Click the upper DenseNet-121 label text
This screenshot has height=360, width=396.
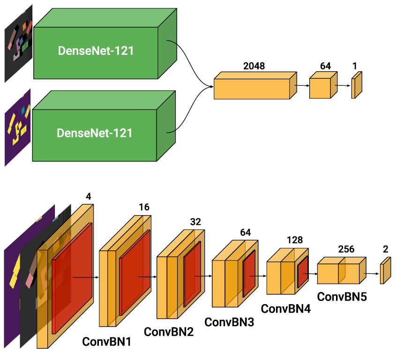(96, 51)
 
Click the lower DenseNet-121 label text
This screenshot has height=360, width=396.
(95, 133)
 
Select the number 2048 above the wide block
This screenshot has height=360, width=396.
(254, 66)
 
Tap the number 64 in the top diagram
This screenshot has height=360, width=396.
(325, 66)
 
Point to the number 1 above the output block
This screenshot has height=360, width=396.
(355, 66)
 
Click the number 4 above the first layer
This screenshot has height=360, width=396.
(88, 197)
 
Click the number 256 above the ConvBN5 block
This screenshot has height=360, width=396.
(346, 249)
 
